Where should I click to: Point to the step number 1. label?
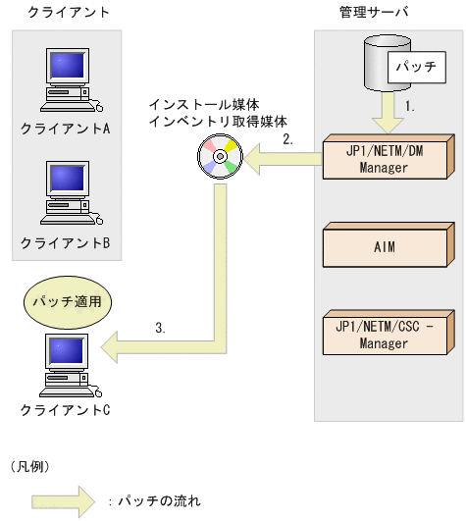pos(411,102)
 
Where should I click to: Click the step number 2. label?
pos(287,139)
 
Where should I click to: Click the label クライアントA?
pos(65,129)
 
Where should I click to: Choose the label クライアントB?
pos(65,240)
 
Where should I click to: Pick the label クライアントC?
pos(65,407)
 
